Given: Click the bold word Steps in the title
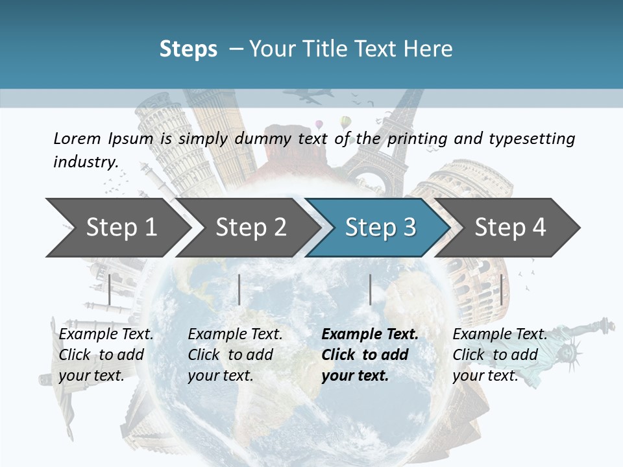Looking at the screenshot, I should pos(188,49).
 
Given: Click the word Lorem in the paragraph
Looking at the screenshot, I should pos(77,138).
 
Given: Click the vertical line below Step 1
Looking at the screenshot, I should pos(110,289).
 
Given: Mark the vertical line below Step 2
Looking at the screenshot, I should pos(239,289).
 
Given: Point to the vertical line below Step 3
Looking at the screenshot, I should pos(370,289).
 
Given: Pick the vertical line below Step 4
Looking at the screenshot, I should pos(501,289).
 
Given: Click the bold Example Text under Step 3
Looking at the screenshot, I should pos(370,334).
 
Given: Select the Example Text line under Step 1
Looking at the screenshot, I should pos(106,334).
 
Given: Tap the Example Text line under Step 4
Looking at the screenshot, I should pos(500,334).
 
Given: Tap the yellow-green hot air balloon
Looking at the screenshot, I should pos(346,122).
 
